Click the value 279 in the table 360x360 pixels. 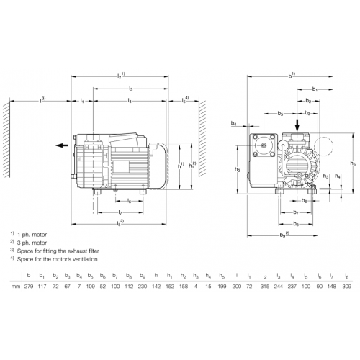click(29, 286)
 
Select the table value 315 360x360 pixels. click(265, 286)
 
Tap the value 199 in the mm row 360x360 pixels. click(222, 286)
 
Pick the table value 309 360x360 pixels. click(346, 286)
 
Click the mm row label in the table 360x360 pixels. click(16, 287)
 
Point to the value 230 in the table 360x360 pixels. click(143, 286)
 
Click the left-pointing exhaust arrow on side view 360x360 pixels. click(62, 145)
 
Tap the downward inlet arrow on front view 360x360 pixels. click(297, 125)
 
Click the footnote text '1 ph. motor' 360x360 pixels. click(32, 235)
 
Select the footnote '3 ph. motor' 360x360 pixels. click(32, 243)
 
